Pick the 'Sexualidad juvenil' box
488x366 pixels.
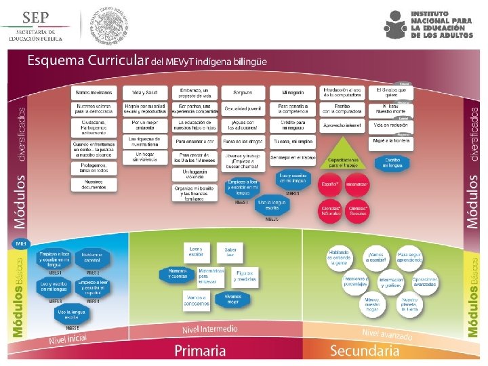pyautogui.click(x=243, y=108)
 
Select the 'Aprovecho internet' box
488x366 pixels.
pyautogui.click(x=343, y=125)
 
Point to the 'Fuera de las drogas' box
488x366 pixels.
pyautogui.click(x=243, y=142)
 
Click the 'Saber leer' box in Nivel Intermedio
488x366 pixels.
pyautogui.click(x=230, y=252)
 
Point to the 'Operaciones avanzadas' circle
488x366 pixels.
pyautogui.click(x=424, y=281)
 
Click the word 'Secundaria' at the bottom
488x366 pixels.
pyautogui.click(x=365, y=350)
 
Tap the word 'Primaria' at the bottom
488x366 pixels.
pyautogui.click(x=200, y=350)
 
